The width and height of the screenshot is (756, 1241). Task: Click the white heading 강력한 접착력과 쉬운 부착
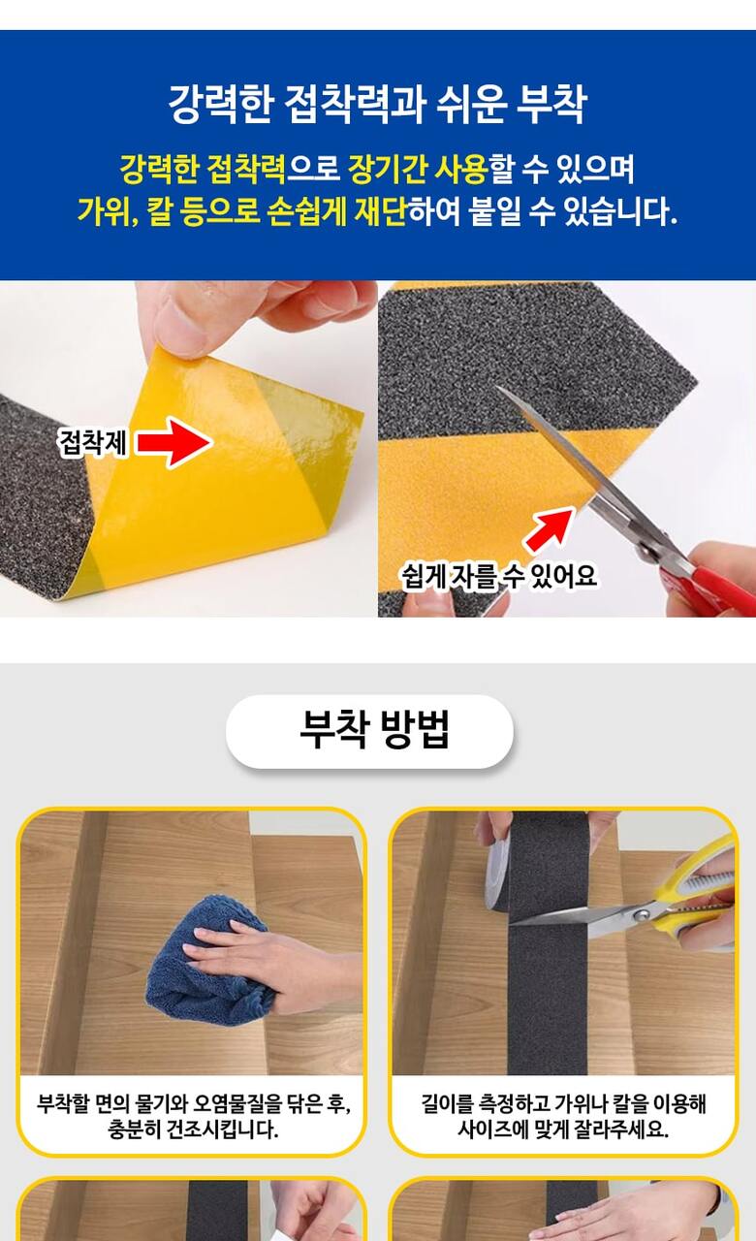coord(377,104)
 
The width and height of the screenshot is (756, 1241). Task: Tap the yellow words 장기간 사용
coord(418,170)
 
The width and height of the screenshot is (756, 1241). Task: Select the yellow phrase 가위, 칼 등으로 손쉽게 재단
coord(242,211)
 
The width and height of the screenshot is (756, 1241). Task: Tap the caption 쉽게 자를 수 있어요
coord(500,576)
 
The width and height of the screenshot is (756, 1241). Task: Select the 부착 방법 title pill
coord(369,731)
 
